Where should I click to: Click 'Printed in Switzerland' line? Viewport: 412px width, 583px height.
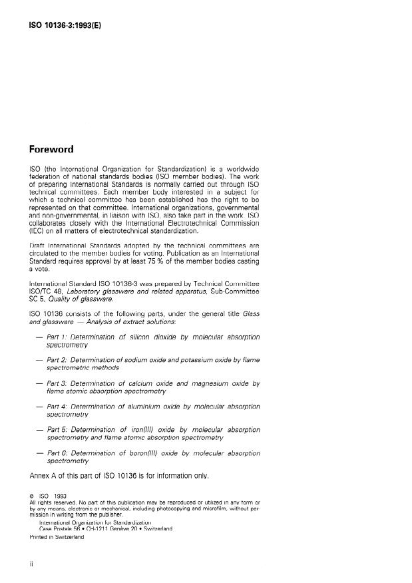point(57,537)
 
